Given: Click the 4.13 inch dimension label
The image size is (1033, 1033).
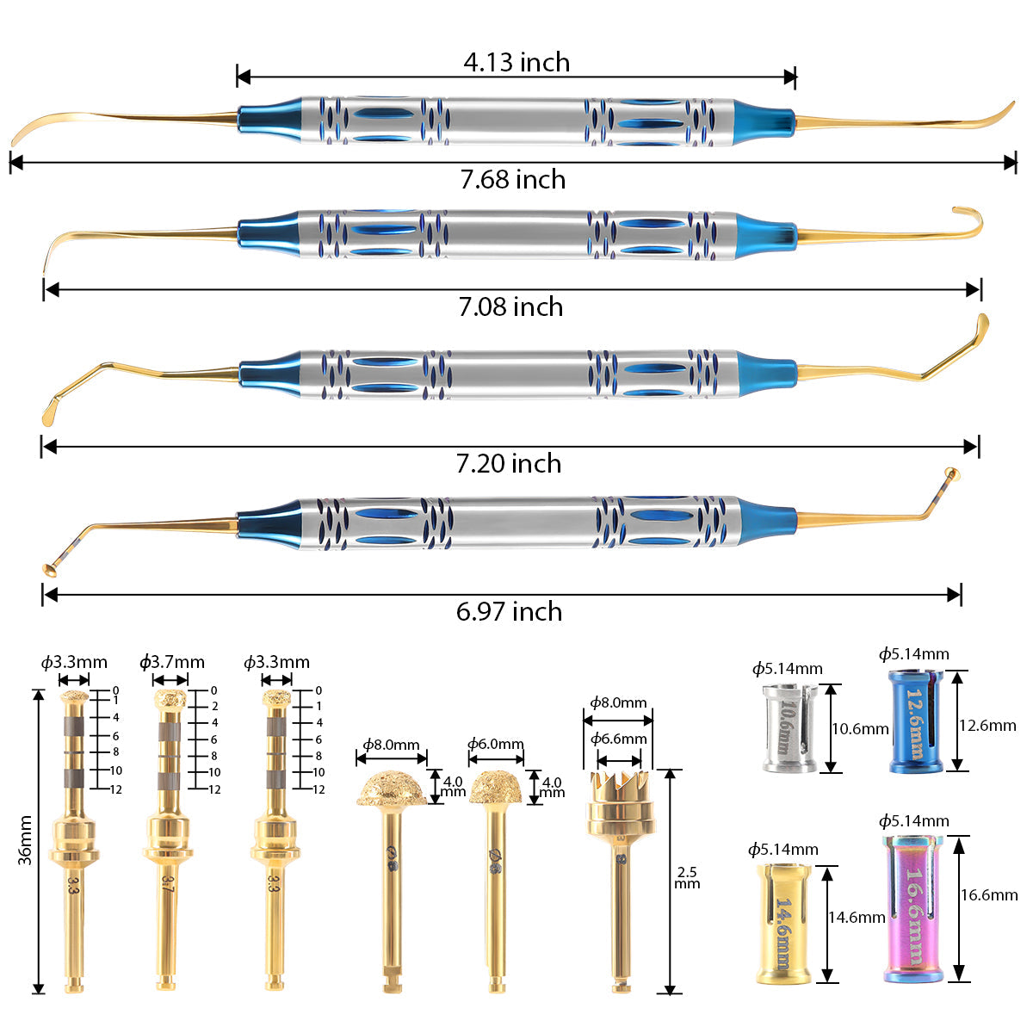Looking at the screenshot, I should [x=516, y=62].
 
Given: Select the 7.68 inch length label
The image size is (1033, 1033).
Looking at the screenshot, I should [x=513, y=179].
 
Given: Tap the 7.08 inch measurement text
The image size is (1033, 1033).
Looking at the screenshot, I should [x=510, y=306].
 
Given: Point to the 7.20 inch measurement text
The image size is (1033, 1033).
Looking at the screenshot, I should [x=509, y=463].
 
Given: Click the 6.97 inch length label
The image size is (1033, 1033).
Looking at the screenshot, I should [x=509, y=611].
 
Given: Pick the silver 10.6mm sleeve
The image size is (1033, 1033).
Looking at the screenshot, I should [x=788, y=727].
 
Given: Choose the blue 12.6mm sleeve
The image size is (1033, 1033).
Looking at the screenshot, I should [x=915, y=721].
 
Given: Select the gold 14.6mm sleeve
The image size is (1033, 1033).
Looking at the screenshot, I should [x=782, y=925].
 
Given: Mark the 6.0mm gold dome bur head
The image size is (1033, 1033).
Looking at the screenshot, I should [x=497, y=788].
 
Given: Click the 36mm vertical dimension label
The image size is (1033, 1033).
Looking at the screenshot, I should [x=25, y=840].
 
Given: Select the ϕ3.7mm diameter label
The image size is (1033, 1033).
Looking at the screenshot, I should [x=172, y=662].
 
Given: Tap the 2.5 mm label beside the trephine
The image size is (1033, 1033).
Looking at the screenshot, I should [x=687, y=878].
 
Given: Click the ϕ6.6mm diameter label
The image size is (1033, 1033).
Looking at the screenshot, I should [x=618, y=739].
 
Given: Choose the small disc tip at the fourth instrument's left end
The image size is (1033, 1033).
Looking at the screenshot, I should [x=50, y=567].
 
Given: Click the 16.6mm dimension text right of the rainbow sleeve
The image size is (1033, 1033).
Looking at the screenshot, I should [x=989, y=895].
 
